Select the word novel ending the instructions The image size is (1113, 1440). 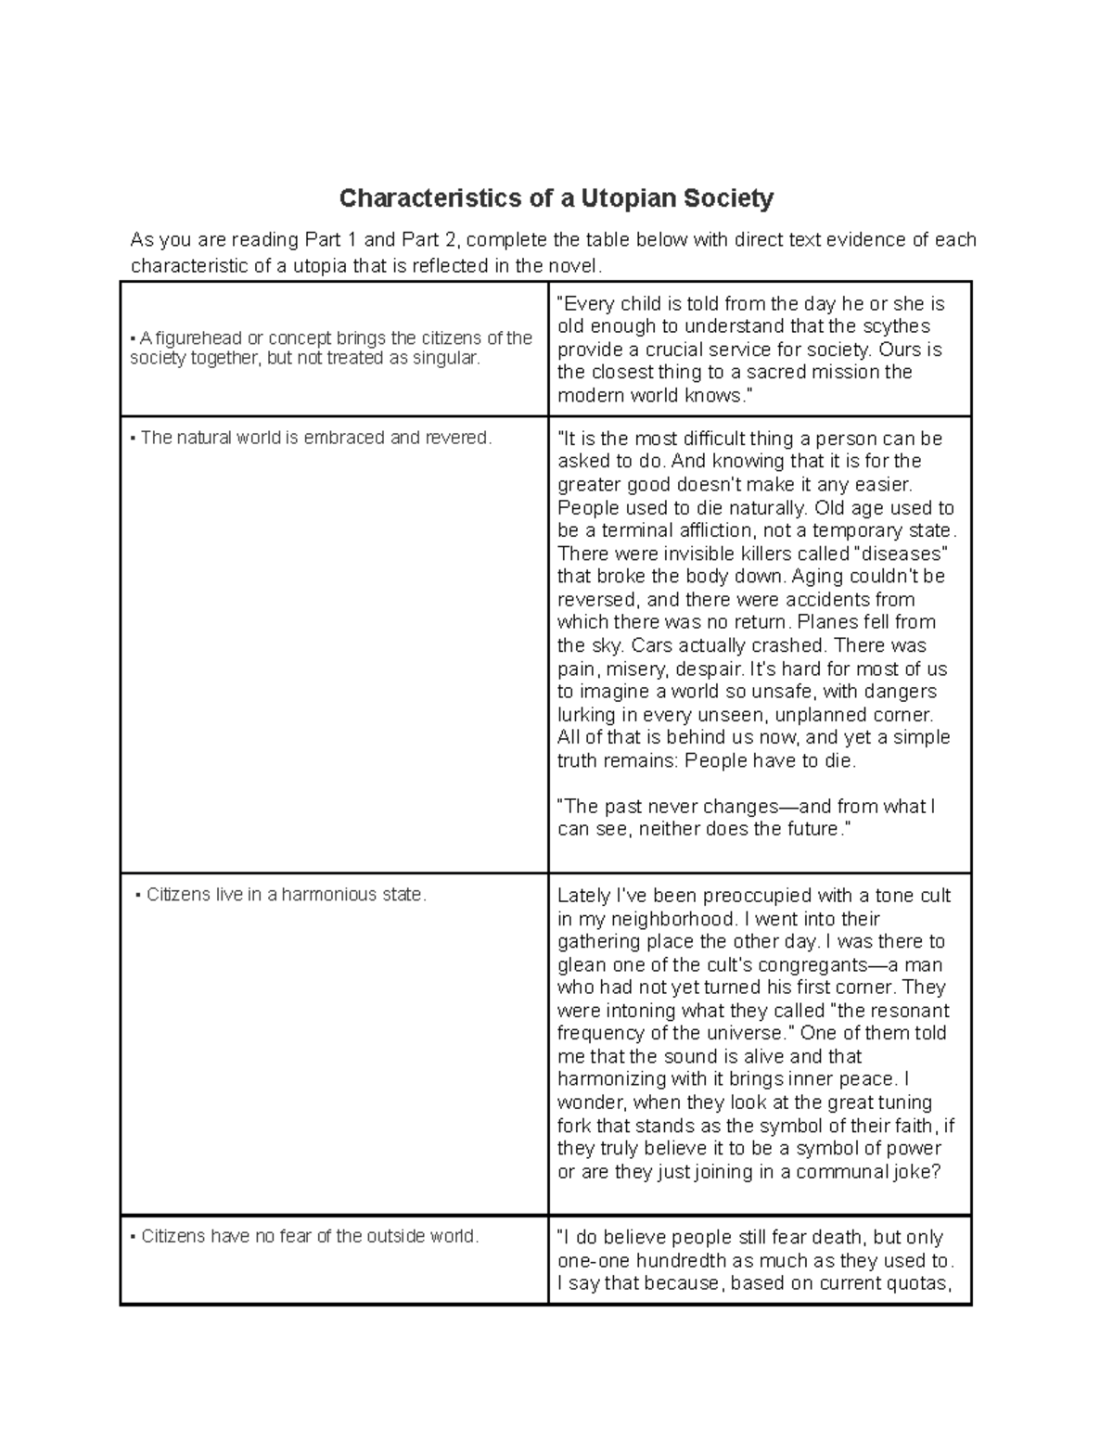coord(576,267)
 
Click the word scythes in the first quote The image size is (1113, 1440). coord(899,326)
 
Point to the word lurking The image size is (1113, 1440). coord(586,715)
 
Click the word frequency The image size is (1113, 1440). coord(600,1034)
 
